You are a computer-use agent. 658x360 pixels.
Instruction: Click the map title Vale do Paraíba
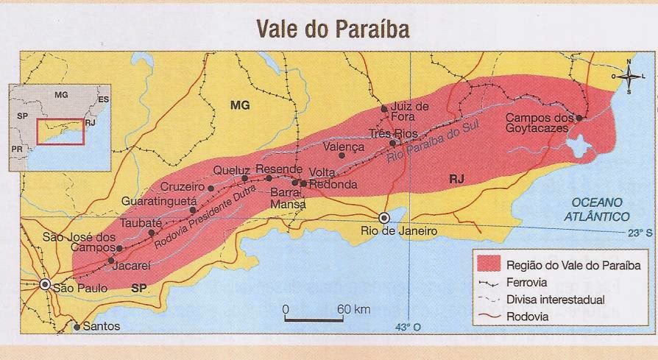pos(332,28)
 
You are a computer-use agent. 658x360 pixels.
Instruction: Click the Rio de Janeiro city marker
pos(383,218)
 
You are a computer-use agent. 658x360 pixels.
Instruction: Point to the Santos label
pos(102,326)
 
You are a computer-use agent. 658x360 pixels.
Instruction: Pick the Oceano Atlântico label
pos(597,209)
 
